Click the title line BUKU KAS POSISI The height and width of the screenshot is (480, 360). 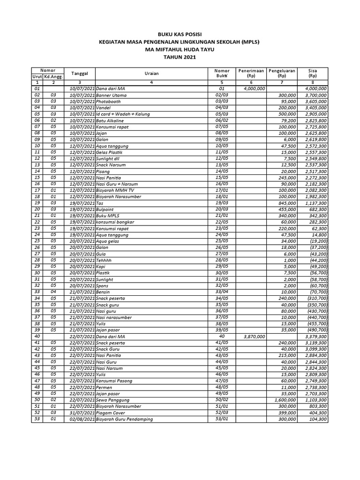[x=180, y=35]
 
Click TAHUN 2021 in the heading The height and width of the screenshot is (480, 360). [x=180, y=57]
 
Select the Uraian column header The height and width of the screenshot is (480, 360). [x=151, y=73]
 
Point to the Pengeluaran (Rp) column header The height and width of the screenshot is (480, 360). [x=282, y=73]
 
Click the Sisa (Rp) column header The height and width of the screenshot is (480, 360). [x=313, y=73]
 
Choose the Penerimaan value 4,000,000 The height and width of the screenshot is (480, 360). [x=255, y=88]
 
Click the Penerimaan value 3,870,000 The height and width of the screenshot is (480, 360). [x=255, y=337]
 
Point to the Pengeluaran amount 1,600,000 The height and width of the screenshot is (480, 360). [x=284, y=400]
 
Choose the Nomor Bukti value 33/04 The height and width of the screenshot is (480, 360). [x=222, y=292]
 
